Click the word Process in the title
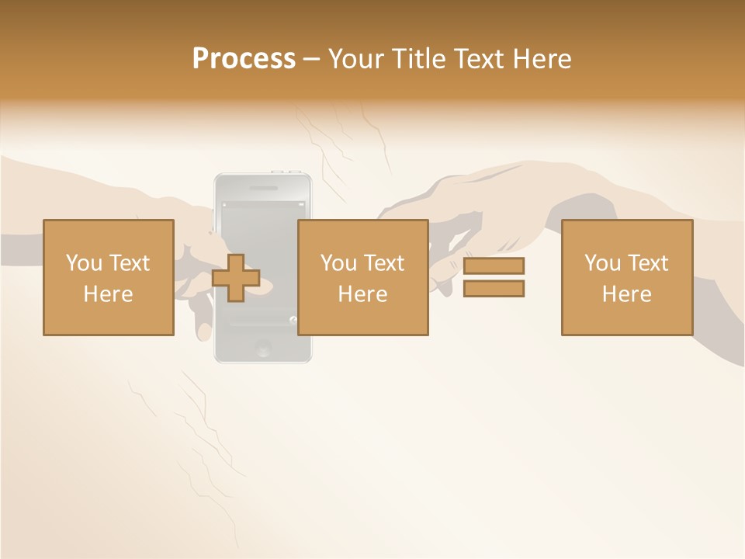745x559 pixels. pos(244,58)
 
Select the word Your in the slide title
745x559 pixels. pos(357,58)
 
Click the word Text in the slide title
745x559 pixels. pos(480,58)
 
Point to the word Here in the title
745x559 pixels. pos(542,58)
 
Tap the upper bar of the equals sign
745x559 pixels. pos(494,266)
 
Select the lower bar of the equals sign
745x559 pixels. pos(494,288)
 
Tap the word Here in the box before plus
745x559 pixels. pos(108,294)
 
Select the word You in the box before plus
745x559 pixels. pos(83,263)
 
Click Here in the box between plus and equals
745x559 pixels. pos(362,294)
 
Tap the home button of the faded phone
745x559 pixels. pos(263,349)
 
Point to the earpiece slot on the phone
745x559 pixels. pos(262,187)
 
